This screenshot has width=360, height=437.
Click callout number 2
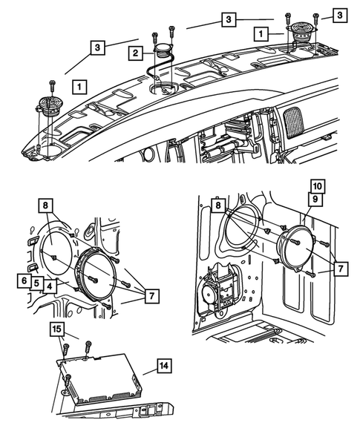pyautogui.click(x=135, y=53)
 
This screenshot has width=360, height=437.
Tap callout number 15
pyautogui.click(x=56, y=328)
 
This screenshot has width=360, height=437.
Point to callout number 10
pyautogui.click(x=317, y=185)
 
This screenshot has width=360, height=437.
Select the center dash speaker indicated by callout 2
pyautogui.click(x=161, y=54)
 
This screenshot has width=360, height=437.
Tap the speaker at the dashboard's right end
pyautogui.click(x=302, y=33)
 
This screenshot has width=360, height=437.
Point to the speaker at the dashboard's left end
pyautogui.click(x=48, y=105)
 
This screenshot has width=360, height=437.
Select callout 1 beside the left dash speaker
pyautogui.click(x=78, y=88)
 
